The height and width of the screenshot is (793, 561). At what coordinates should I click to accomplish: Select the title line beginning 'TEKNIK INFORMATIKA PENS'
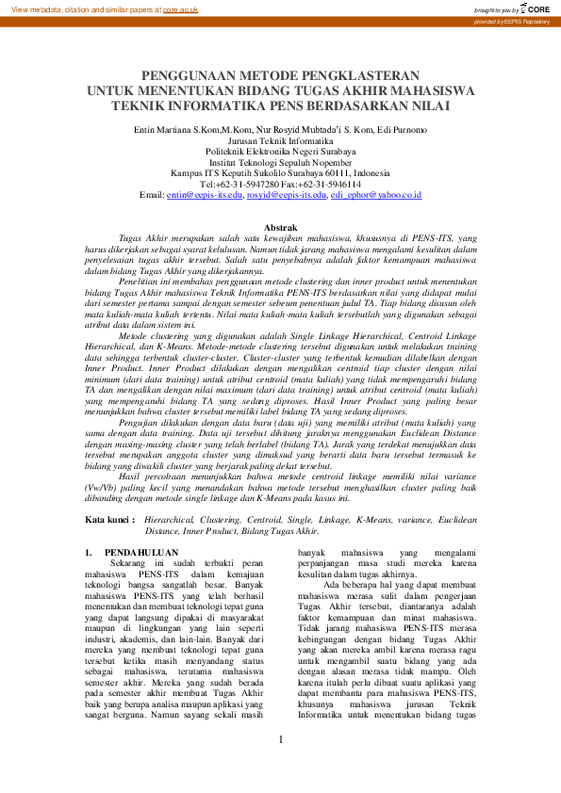pyautogui.click(x=280, y=105)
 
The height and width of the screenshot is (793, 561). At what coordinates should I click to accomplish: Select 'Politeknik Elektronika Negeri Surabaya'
pyautogui.click(x=280, y=150)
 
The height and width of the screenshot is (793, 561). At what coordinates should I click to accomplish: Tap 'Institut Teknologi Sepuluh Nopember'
pyautogui.click(x=280, y=161)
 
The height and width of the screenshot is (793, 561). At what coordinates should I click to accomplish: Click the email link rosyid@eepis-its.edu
pyautogui.click(x=286, y=195)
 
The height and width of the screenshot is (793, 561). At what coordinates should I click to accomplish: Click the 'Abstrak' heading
pyautogui.click(x=281, y=228)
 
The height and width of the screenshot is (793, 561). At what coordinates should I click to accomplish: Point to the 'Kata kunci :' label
pyautogui.click(x=111, y=519)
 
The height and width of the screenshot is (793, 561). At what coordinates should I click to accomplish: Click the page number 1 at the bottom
pyautogui.click(x=281, y=765)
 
